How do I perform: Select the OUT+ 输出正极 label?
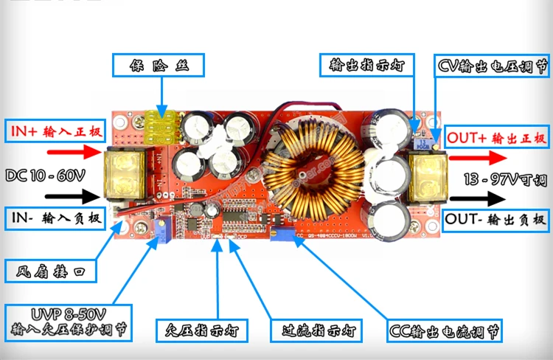tap(496, 137)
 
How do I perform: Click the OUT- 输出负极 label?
tap(497, 219)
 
